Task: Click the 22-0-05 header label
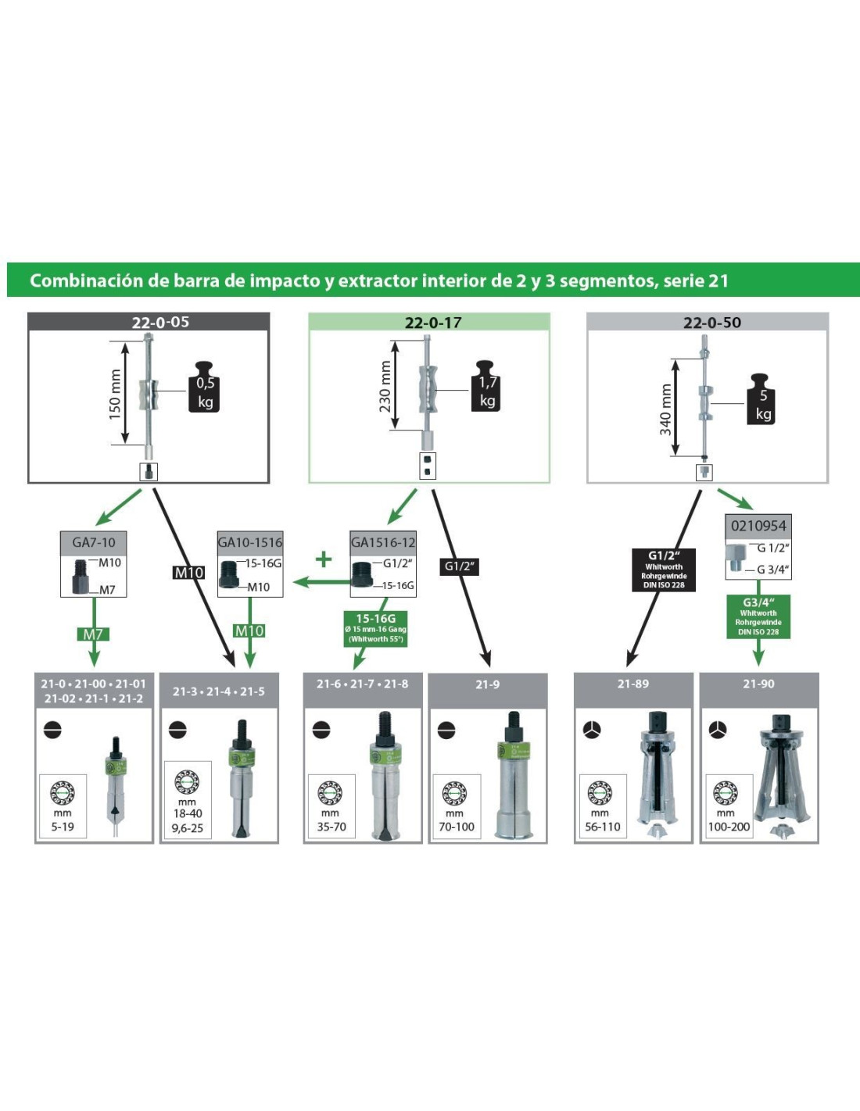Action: pyautogui.click(x=160, y=322)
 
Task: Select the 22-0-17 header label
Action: pyautogui.click(x=432, y=323)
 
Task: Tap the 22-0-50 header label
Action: pyautogui.click(x=711, y=323)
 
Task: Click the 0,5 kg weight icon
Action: pyautogui.click(x=204, y=388)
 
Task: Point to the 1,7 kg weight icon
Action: pyautogui.click(x=486, y=388)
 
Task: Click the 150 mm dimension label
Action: pyautogui.click(x=116, y=394)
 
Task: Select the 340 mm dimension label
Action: pyautogui.click(x=665, y=409)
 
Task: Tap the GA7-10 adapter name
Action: pyautogui.click(x=94, y=542)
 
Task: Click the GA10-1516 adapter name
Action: pyautogui.click(x=250, y=542)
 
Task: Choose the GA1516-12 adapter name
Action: pyautogui.click(x=383, y=542)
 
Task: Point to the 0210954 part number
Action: pyautogui.click(x=758, y=526)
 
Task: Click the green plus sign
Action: pyautogui.click(x=323, y=559)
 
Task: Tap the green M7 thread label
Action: pyautogui.click(x=93, y=634)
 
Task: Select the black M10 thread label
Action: pyautogui.click(x=188, y=573)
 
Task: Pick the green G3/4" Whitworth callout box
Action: pyautogui.click(x=758, y=616)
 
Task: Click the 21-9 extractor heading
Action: pyautogui.click(x=487, y=684)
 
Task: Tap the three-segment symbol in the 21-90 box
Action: pyautogui.click(x=717, y=730)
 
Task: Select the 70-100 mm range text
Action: pyautogui.click(x=457, y=827)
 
